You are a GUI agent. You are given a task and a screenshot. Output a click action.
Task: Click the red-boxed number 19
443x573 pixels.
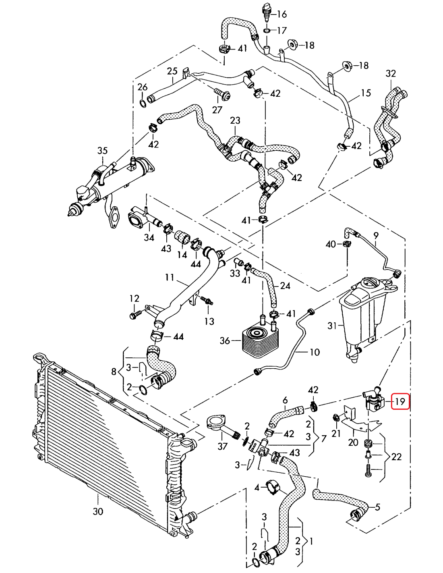pos(400,401)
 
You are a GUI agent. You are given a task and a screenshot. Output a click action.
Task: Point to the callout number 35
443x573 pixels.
pos(102,151)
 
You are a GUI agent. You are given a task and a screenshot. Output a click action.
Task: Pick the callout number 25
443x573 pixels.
pos(172,71)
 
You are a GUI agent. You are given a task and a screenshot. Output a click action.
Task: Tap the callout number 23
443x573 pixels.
pos(235,120)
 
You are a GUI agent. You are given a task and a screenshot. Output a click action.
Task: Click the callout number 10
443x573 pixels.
pos(315,352)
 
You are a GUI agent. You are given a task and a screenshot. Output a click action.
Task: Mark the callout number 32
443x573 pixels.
pos(391,73)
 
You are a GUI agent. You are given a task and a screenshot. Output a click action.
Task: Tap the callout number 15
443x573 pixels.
pos(366,93)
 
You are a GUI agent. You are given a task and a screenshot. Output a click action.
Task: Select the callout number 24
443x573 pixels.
pos(285,286)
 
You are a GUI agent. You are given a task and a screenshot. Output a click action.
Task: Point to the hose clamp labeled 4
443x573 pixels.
pos(273,486)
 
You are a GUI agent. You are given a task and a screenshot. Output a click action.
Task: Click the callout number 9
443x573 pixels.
pos(376,235)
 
